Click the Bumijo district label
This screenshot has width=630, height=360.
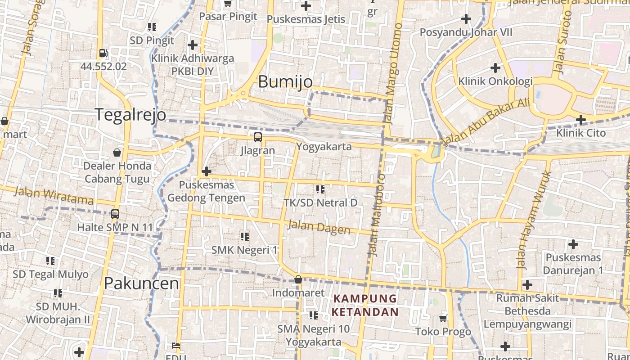[x=285, y=82]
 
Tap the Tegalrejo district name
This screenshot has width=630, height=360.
[x=130, y=115]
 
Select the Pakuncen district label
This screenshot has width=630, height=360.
[x=141, y=283]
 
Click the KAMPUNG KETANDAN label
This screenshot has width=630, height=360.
[x=365, y=305]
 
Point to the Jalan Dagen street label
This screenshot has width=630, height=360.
[x=319, y=227]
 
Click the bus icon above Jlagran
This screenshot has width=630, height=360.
[x=257, y=137]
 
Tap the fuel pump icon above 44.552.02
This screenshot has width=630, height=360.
[x=103, y=53]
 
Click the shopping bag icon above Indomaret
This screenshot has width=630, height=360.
[x=298, y=280]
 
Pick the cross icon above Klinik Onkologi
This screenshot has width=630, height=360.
[x=495, y=68]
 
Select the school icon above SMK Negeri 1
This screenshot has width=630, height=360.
[x=244, y=236]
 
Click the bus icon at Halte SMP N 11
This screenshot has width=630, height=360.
[x=115, y=214]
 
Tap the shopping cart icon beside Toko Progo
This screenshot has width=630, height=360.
[x=443, y=319]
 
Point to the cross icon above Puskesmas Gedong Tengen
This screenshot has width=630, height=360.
[x=207, y=171]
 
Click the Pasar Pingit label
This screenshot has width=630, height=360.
[x=228, y=17]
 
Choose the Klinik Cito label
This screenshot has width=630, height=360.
[x=581, y=133]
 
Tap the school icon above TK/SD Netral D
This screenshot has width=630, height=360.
[x=320, y=189]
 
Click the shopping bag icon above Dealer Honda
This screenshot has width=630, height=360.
[x=117, y=153]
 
